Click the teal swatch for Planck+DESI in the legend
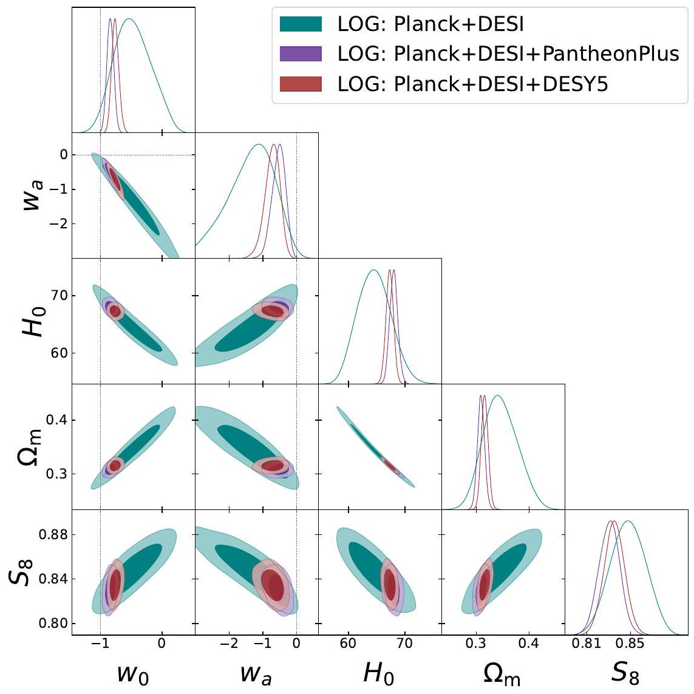301,24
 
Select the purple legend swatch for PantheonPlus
301,53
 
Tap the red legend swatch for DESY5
301,84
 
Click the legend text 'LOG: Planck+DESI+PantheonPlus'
508,53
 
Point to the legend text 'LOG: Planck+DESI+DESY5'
472,84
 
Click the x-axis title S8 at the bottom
625,673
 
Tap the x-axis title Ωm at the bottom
502,673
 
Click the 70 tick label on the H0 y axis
58,296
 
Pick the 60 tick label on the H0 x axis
348,642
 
